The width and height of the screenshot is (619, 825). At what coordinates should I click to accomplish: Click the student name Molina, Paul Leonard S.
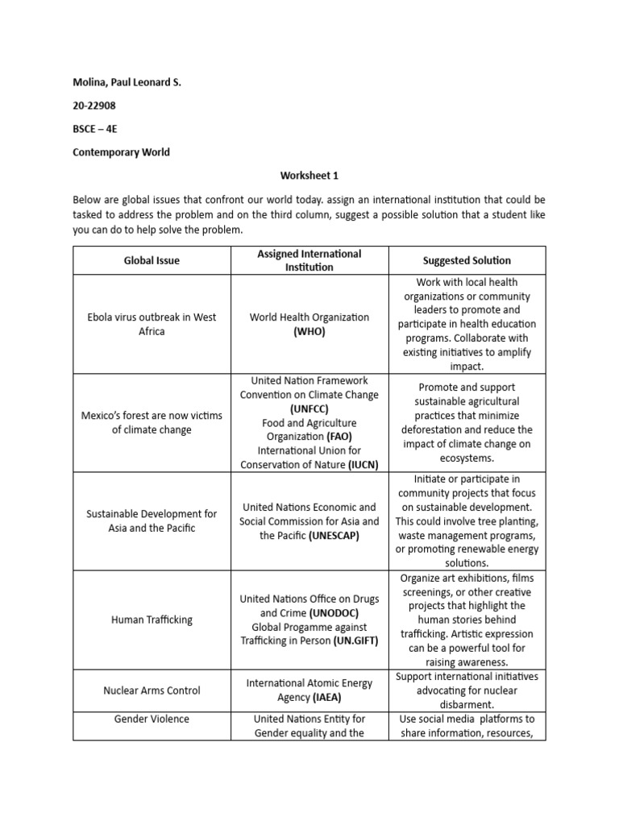(x=127, y=82)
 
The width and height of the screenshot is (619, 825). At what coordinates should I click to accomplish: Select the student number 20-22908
(x=95, y=106)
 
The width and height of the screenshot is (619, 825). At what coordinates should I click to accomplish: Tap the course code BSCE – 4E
(x=95, y=128)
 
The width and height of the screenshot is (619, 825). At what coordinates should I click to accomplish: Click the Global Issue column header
(x=152, y=260)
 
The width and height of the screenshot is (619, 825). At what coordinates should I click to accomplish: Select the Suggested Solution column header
(x=467, y=260)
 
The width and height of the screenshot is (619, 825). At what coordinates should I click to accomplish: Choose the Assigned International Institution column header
(x=309, y=260)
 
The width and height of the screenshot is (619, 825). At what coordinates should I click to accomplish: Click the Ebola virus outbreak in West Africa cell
(x=152, y=324)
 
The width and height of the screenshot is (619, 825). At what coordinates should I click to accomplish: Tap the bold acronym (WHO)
(x=309, y=331)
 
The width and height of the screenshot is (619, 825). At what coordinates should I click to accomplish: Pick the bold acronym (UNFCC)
(x=309, y=408)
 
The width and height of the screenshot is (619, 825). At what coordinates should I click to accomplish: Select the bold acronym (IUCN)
(x=363, y=465)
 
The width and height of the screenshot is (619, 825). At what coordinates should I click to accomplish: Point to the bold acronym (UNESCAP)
(x=334, y=535)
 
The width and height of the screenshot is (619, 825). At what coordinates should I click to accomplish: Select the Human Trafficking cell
(x=152, y=620)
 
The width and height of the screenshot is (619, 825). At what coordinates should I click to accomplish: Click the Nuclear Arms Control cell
(x=152, y=690)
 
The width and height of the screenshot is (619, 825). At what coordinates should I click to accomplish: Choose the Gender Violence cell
(x=152, y=719)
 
